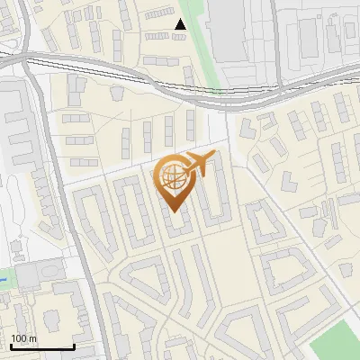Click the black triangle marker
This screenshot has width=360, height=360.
[181, 25]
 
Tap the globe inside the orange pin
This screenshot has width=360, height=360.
[174, 176]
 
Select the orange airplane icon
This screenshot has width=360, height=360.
[200, 165]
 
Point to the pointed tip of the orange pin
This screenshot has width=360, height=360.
[174, 211]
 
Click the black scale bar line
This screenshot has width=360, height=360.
[41, 346]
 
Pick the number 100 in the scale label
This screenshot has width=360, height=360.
[20, 338]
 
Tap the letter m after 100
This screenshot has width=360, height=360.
[32, 338]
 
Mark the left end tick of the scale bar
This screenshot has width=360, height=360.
[10, 345]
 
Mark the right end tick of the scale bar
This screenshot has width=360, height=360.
[74, 345]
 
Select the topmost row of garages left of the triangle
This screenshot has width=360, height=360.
[163, 36]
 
